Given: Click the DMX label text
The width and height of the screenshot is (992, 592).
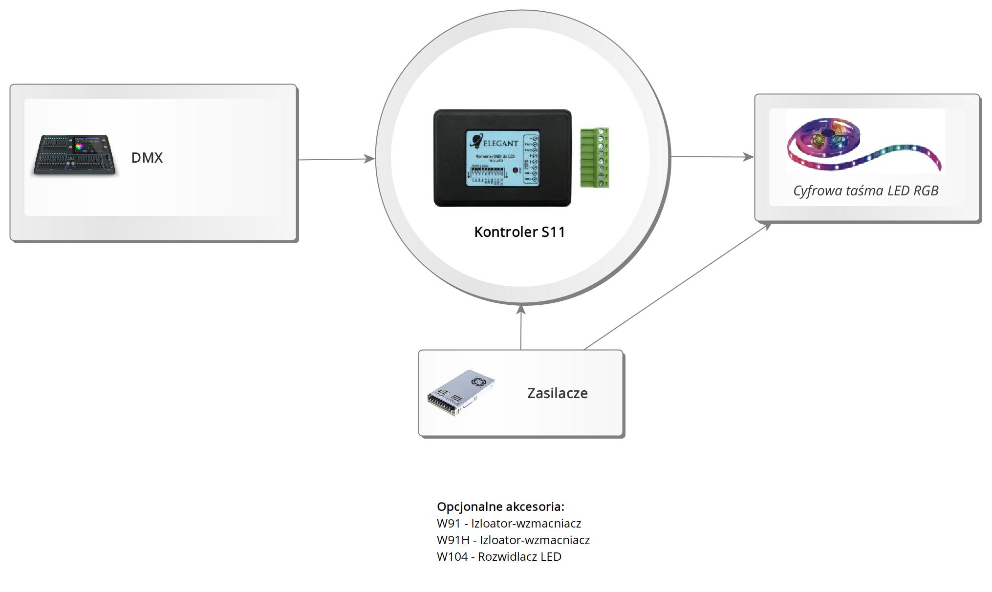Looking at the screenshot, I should point(147,158).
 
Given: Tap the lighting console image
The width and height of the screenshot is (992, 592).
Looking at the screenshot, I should point(75,154).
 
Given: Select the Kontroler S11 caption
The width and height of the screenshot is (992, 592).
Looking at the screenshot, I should point(519,232).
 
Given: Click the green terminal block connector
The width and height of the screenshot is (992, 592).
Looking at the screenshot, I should point(594,157).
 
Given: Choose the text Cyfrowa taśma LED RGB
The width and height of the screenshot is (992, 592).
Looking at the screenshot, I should point(865,190).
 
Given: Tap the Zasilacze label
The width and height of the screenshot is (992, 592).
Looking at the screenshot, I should point(557,393).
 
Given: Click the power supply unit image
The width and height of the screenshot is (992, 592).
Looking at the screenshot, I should point(461,393).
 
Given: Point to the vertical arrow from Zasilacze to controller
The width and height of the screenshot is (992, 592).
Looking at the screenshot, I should point(521,327).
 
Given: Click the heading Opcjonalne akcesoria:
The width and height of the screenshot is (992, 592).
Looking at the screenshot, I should point(500,507).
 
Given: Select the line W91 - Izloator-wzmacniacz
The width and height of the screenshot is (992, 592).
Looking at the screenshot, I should point(509,523).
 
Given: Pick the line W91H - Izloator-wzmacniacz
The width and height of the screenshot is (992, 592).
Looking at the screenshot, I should point(513,540).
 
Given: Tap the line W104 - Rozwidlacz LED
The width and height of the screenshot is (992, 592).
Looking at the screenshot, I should point(499,556).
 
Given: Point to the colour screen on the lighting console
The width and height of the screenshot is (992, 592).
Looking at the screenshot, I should point(85,145).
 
